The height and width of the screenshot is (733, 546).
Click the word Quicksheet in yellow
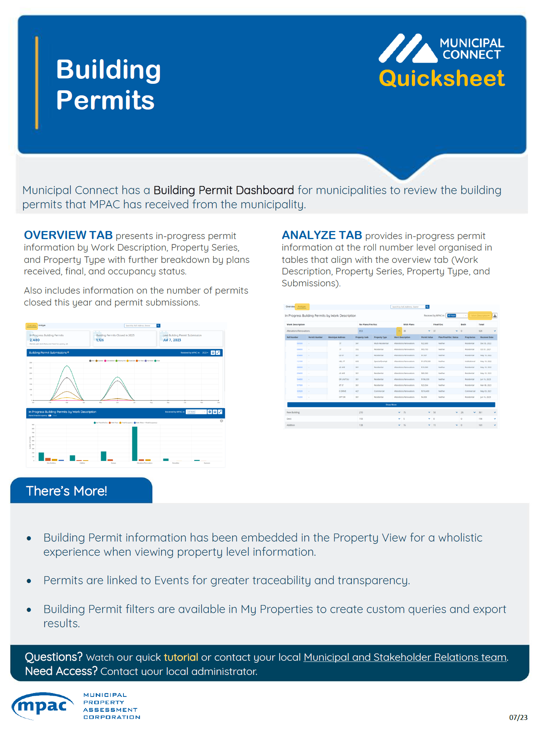(x=441, y=79)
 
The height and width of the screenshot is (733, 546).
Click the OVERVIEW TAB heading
(x=68, y=235)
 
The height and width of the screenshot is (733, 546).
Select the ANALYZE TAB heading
(x=322, y=235)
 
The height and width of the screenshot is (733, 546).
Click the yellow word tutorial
(x=181, y=657)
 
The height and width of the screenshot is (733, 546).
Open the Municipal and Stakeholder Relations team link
(x=405, y=657)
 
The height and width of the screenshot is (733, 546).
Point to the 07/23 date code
(x=518, y=717)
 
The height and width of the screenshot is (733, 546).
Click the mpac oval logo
(x=42, y=706)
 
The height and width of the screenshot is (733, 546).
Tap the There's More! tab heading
(x=67, y=491)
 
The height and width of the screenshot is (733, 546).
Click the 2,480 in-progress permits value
(x=35, y=340)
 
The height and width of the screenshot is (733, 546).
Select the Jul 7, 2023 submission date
(x=172, y=340)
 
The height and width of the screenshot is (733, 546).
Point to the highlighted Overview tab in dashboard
(x=32, y=326)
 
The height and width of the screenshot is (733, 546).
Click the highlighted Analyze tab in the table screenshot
(x=302, y=307)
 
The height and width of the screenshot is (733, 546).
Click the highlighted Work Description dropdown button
(x=480, y=316)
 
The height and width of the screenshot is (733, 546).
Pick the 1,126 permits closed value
(x=100, y=340)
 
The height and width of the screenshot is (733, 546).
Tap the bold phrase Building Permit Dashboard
(x=224, y=190)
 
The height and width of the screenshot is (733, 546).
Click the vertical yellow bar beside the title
(x=37, y=83)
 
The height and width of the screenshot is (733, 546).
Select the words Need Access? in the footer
(x=61, y=671)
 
